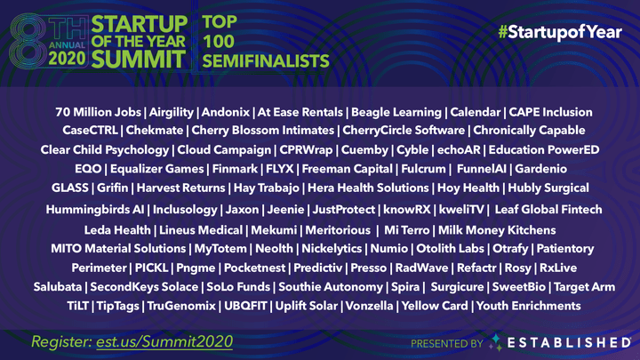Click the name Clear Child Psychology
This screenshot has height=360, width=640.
click(104, 149)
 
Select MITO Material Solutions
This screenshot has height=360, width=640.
click(118, 248)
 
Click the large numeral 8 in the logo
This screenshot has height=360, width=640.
click(26, 36)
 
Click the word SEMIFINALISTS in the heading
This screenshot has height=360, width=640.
click(265, 61)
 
